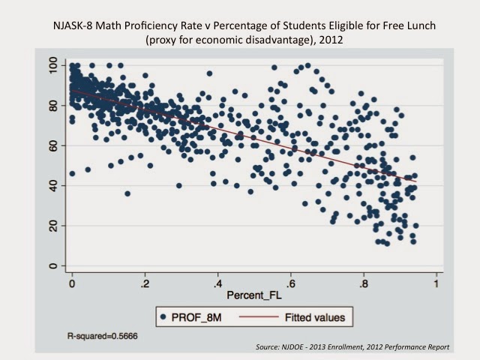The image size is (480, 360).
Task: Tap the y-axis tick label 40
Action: coord(52,185)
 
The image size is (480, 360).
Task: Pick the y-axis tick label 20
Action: coord(52,225)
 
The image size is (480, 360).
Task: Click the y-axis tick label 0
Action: coord(52,265)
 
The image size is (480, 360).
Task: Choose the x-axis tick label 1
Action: coord(436,286)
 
